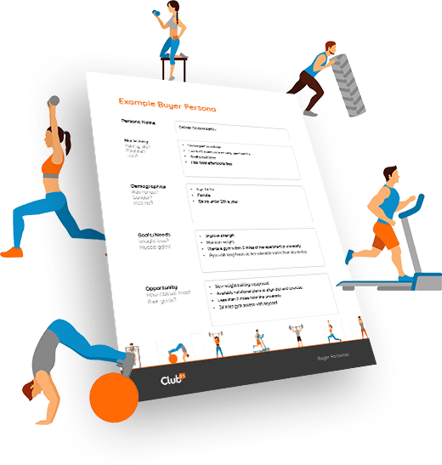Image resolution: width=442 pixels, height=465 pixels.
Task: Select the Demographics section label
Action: coord(147,184)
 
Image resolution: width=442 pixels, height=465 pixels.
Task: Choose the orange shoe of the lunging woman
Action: coord(11,252)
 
